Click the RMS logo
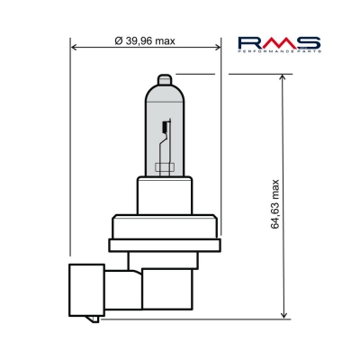click(278, 43)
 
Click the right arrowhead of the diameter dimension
click(217, 48)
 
